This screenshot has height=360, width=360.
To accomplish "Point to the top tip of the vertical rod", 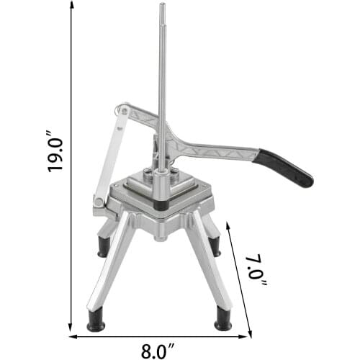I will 161,6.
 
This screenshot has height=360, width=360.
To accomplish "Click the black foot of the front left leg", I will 96,322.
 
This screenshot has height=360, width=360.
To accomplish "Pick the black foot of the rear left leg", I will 104,247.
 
